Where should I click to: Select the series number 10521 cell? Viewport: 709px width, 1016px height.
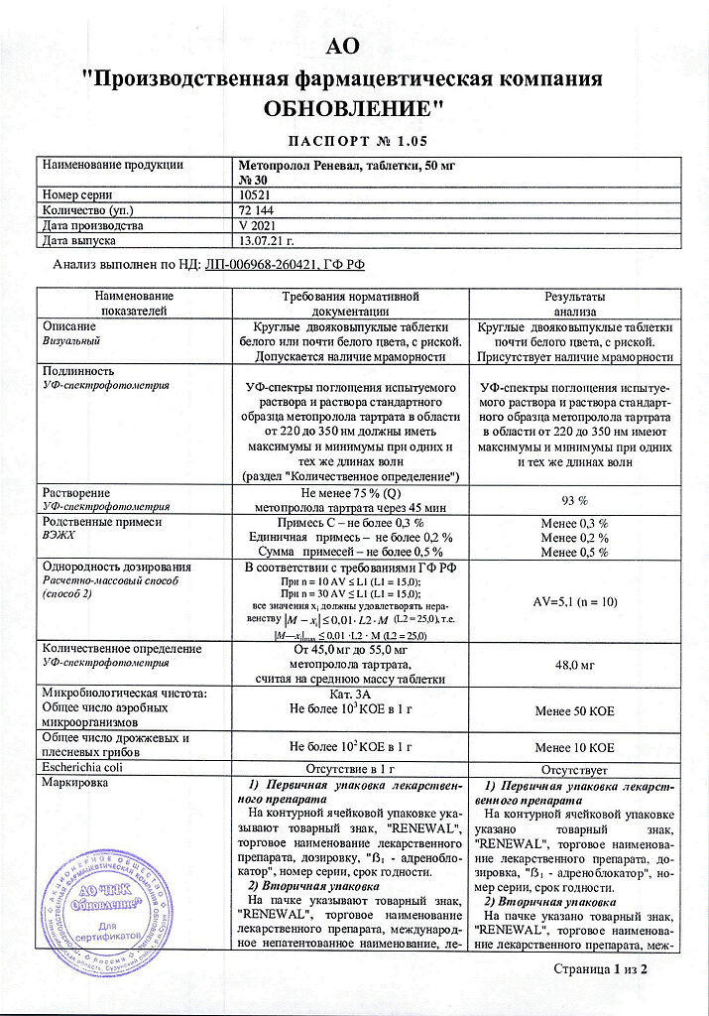tap(260, 195)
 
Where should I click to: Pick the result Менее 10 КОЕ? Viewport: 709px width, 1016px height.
tap(575, 746)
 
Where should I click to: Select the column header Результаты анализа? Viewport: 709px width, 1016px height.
tap(575, 304)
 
